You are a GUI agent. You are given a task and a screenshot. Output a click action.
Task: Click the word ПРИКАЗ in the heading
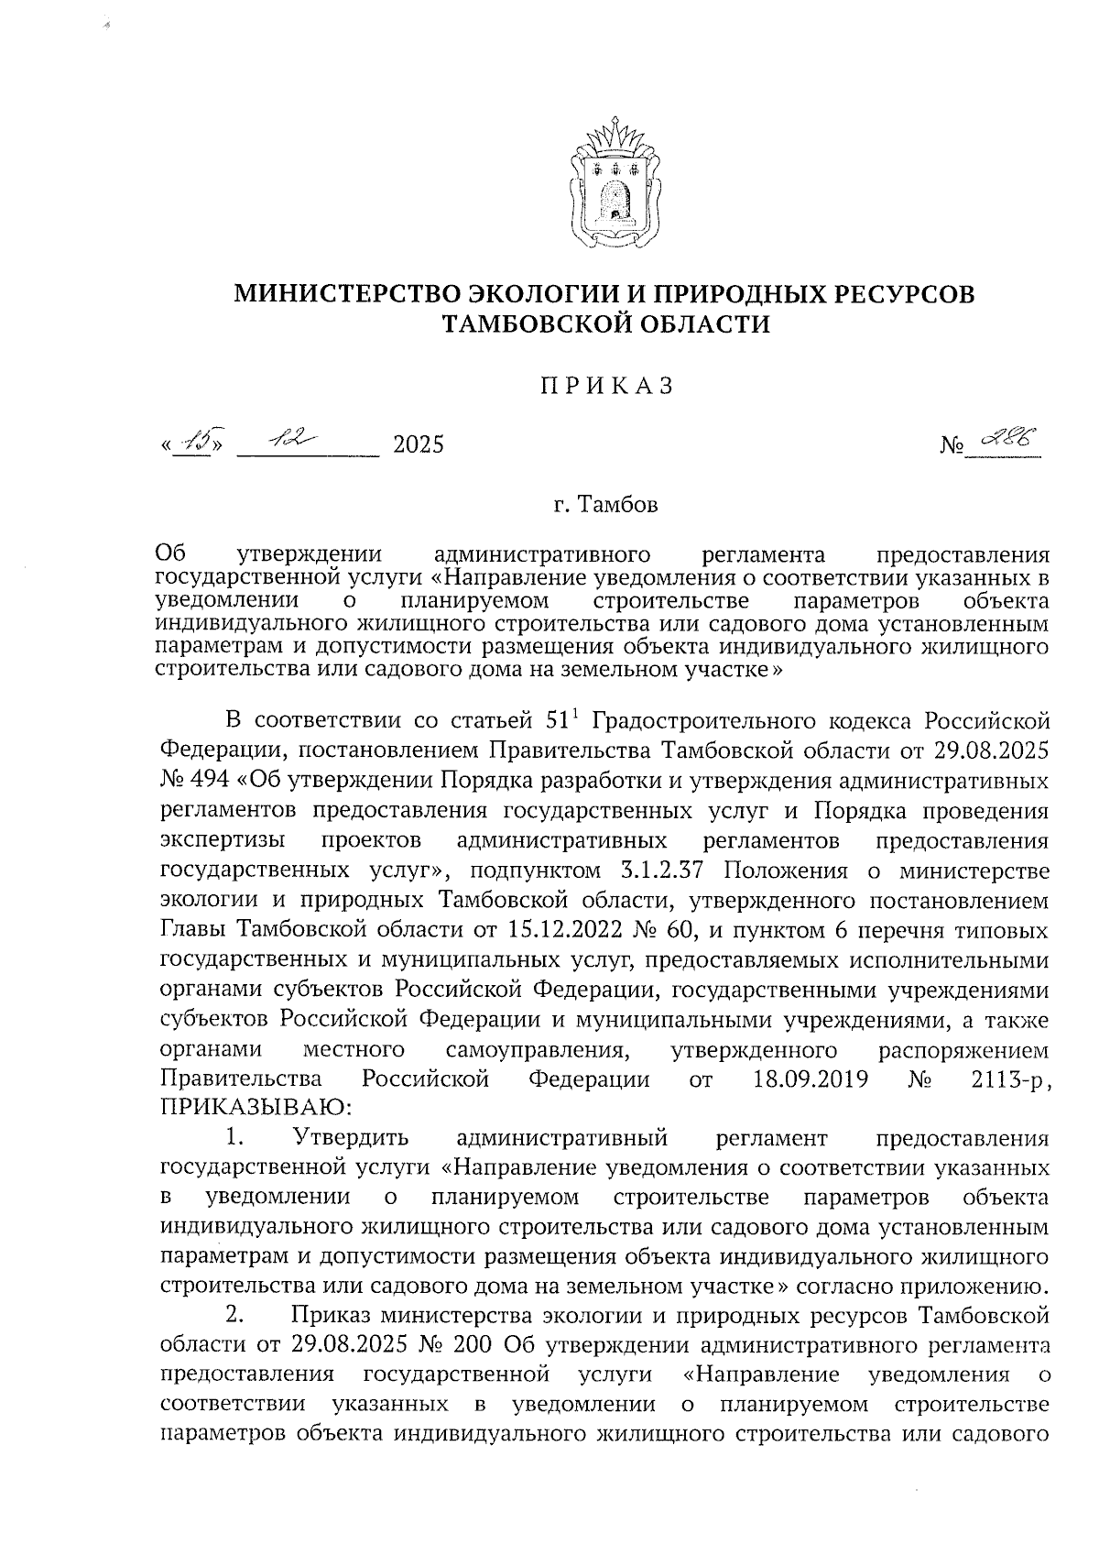[604, 386]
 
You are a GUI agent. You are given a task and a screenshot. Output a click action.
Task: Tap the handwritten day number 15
[193, 444]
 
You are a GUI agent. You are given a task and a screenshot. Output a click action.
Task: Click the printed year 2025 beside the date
[418, 445]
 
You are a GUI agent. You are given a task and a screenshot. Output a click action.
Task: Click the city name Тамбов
[616, 505]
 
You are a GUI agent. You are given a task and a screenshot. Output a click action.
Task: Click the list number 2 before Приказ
[234, 1317]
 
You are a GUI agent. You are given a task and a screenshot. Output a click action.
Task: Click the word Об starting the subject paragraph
[171, 553]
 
